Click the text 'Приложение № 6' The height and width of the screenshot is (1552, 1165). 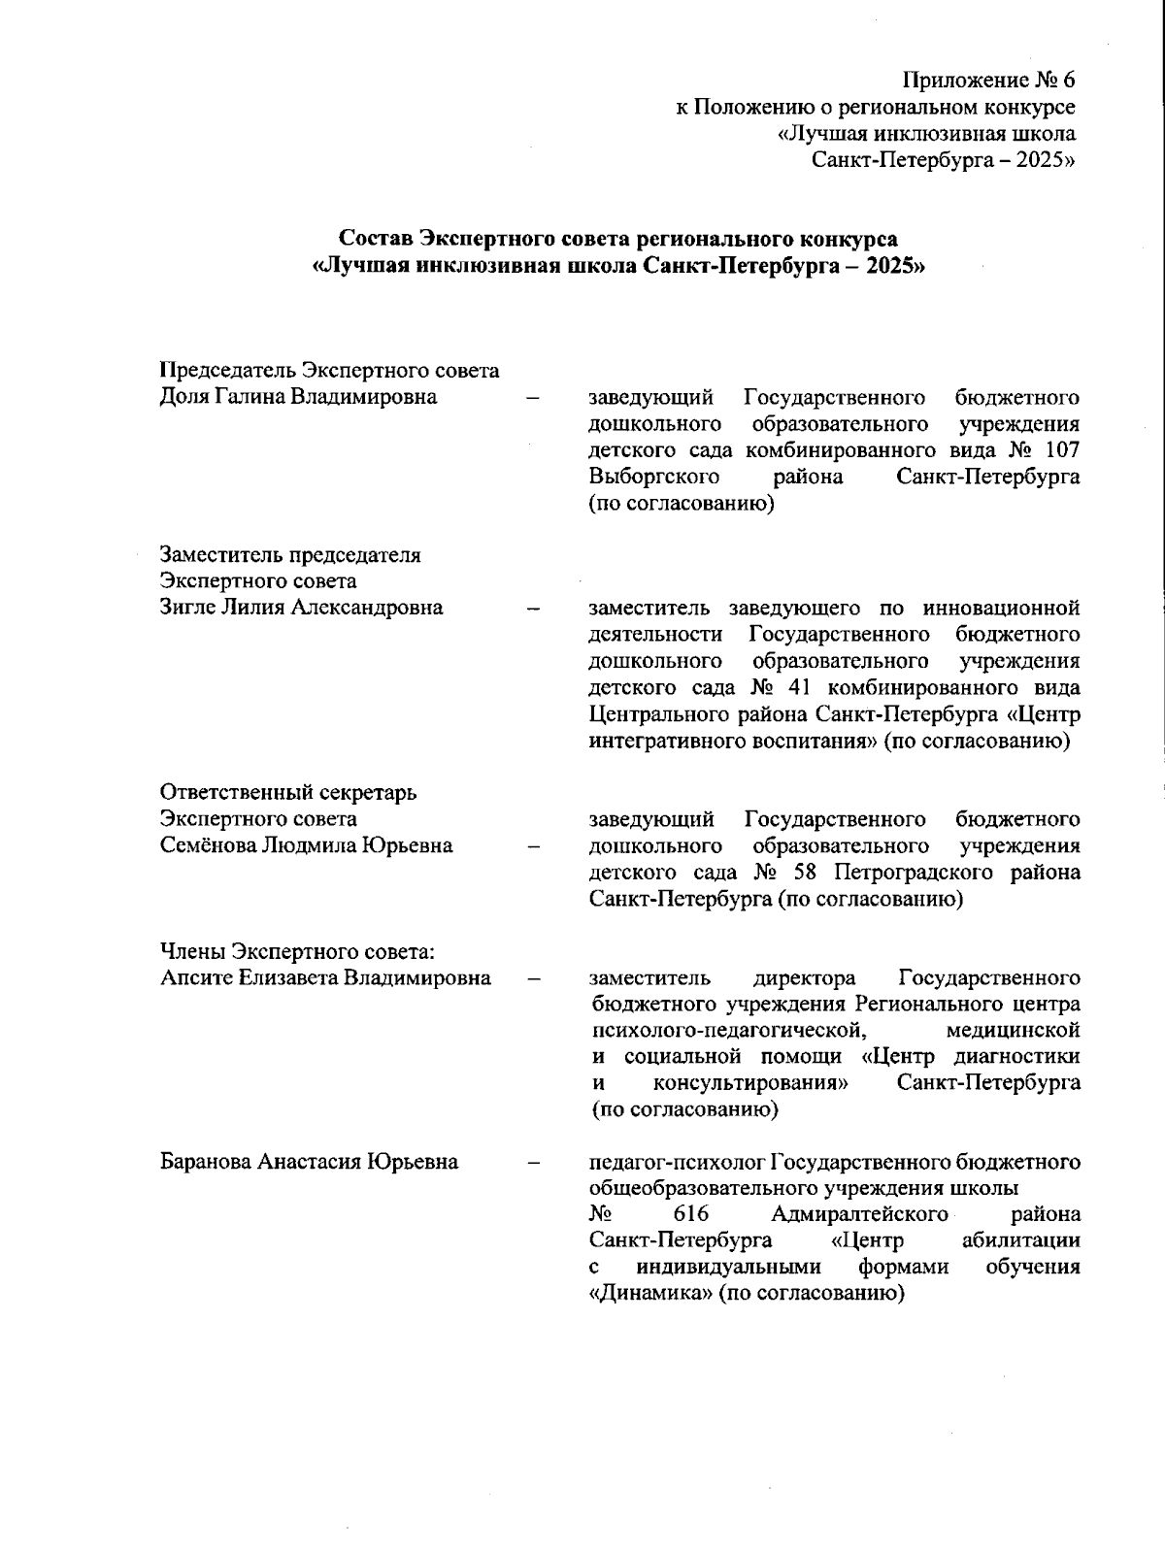click(988, 80)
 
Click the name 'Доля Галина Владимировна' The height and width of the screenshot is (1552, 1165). click(297, 397)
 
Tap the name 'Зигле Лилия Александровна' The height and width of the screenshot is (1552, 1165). click(301, 608)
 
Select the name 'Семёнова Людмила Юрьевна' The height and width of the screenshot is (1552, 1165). click(306, 845)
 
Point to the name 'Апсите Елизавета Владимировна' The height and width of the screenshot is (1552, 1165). click(325, 977)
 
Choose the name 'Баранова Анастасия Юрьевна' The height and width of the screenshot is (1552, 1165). click(309, 1162)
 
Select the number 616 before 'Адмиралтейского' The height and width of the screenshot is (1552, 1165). click(690, 1215)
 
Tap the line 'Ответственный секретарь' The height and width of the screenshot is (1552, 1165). click(288, 792)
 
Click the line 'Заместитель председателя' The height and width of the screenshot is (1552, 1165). click(290, 555)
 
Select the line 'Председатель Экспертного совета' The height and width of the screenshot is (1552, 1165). click(329, 371)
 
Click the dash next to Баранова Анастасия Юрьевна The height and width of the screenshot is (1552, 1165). click(532, 1162)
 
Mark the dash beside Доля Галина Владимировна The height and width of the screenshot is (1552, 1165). click(532, 397)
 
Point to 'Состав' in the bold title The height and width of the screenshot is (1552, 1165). click(375, 239)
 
